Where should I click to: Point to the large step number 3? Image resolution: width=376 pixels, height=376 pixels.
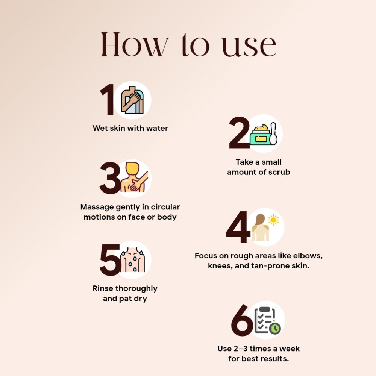(x=110, y=178)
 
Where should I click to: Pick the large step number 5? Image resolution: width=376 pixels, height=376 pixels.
(x=110, y=260)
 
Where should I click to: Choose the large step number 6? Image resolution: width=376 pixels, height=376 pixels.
(x=242, y=320)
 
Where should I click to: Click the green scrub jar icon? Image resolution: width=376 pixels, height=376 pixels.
(x=260, y=135)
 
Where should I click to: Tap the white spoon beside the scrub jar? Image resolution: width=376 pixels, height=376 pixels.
(x=273, y=134)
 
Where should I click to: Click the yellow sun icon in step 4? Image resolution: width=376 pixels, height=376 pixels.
(x=273, y=220)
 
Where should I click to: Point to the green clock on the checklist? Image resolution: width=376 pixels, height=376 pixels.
(x=275, y=328)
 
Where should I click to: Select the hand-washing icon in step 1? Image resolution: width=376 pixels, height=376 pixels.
(x=132, y=100)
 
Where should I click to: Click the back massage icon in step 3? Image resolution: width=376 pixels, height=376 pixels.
(x=134, y=178)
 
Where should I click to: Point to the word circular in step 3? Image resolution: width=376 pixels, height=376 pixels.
(x=165, y=207)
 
